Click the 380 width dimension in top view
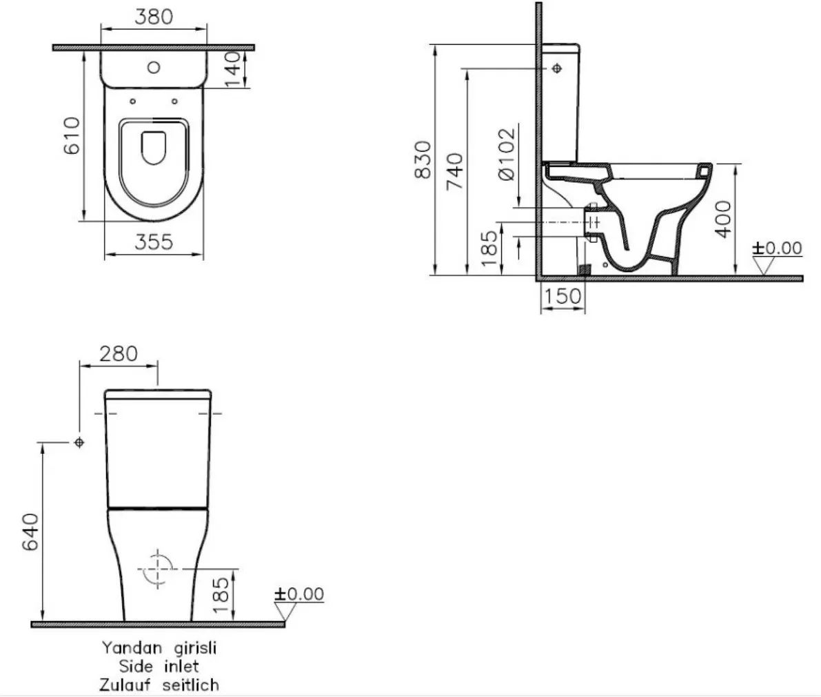[x=153, y=17]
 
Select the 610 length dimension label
[x=72, y=135]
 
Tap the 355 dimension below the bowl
[x=153, y=242]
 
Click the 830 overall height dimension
[x=423, y=160]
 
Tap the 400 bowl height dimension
[x=722, y=218]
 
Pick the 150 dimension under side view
[x=562, y=297]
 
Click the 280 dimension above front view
[x=119, y=354]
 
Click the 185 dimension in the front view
[x=221, y=596]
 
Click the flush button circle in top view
[x=154, y=68]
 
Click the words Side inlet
[x=159, y=666]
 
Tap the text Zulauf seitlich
[x=159, y=685]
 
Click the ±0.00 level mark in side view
[x=778, y=248]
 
